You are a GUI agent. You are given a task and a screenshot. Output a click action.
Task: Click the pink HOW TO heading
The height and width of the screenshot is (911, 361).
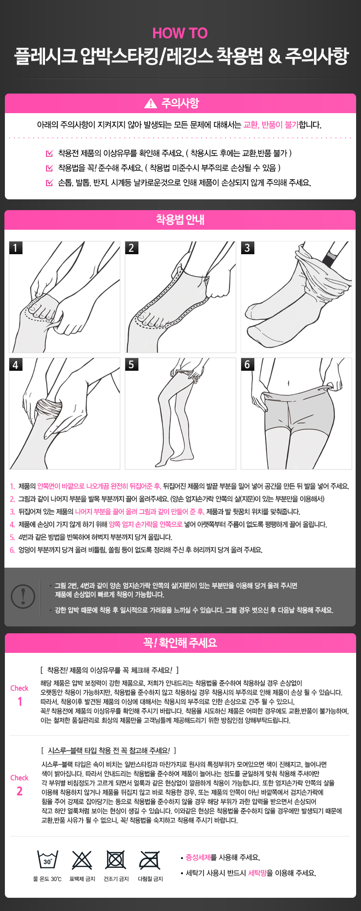(180, 33)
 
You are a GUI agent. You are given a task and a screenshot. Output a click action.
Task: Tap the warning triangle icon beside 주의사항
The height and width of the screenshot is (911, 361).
(151, 103)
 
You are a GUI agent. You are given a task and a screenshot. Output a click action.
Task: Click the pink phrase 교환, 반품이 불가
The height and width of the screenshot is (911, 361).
(271, 124)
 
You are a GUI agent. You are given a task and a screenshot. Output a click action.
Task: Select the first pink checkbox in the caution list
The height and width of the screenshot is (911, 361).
(49, 153)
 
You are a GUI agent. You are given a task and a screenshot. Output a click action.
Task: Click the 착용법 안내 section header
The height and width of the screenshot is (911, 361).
(180, 220)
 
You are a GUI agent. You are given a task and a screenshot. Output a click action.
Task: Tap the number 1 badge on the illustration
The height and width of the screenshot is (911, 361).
(15, 247)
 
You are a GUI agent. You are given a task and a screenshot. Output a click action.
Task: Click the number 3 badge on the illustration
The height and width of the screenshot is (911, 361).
(247, 247)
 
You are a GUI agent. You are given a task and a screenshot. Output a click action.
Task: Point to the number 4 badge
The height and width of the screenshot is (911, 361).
(15, 364)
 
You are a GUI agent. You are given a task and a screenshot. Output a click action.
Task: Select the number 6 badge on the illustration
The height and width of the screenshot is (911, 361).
(247, 364)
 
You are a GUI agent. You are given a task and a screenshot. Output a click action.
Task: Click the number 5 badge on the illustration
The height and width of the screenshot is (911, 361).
(131, 364)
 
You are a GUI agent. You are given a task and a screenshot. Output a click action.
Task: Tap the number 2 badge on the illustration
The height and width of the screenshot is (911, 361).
(131, 247)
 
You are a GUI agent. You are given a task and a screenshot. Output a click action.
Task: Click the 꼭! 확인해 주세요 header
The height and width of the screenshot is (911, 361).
(180, 643)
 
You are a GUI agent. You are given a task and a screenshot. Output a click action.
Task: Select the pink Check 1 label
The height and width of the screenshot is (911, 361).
(20, 695)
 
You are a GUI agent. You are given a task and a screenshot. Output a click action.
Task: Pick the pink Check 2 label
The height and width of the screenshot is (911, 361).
(20, 785)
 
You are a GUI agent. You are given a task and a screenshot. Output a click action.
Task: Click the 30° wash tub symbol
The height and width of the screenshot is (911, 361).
(47, 860)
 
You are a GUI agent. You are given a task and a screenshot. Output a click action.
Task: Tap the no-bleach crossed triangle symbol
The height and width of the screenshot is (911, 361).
(82, 860)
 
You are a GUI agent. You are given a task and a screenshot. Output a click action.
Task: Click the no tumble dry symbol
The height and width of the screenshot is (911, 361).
(116, 860)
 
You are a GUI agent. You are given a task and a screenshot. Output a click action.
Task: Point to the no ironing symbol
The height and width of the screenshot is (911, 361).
(150, 860)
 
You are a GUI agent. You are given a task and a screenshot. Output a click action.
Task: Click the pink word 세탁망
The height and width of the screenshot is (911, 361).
(260, 873)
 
